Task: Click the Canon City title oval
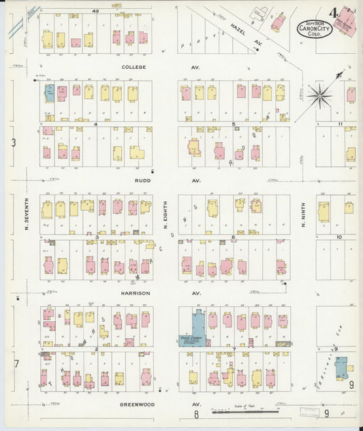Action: pos(315,29)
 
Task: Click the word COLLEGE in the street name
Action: pos(134,68)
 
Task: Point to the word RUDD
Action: pos(142,181)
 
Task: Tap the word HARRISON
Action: pos(136,293)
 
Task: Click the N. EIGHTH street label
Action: pos(166,216)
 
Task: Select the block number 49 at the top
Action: pos(96,11)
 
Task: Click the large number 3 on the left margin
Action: pos(14,143)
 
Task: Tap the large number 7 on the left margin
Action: pos(16,363)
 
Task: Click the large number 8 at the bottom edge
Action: pos(195,414)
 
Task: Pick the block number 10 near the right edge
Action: pos(338,237)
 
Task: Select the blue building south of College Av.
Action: pos(49,93)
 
